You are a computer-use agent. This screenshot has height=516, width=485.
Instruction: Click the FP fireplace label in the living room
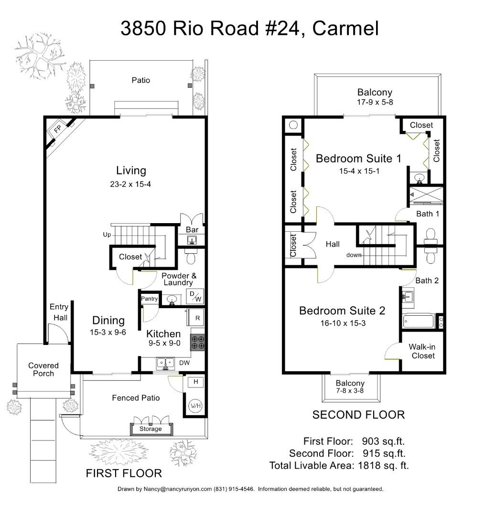57,129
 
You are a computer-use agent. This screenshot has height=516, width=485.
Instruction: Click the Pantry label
150,299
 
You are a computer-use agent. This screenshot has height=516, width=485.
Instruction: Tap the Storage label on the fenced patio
151,429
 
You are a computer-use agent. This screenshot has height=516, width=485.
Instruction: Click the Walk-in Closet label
422,351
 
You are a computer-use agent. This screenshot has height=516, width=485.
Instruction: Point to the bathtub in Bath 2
419,321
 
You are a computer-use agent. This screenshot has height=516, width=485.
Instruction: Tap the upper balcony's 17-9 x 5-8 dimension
375,102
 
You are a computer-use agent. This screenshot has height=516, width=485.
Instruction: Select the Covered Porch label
43,369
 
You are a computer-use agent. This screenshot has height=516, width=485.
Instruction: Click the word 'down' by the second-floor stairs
354,255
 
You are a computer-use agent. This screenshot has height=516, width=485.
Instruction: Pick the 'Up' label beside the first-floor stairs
107,235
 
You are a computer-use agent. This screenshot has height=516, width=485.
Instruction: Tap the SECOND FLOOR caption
358,415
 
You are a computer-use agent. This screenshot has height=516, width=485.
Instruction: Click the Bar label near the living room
192,230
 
